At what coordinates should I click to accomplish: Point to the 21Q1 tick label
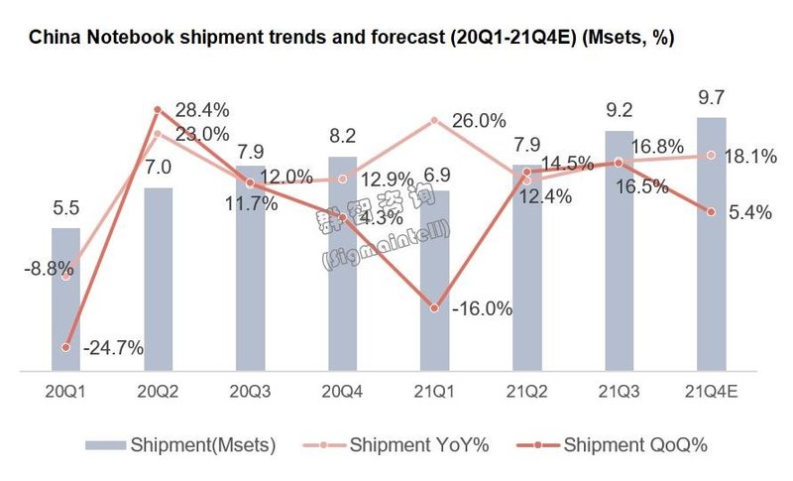pos(434,392)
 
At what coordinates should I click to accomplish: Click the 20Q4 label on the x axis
pos(342,392)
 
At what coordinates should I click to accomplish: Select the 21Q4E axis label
pos(711,392)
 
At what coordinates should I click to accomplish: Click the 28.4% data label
pos(202,108)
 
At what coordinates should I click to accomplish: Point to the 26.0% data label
pos(478,121)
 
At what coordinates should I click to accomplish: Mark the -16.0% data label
pos(481,309)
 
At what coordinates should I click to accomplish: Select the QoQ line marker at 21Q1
pos(434,308)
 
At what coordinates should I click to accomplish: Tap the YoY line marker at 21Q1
pos(434,120)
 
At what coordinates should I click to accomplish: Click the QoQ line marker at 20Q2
pos(158,109)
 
